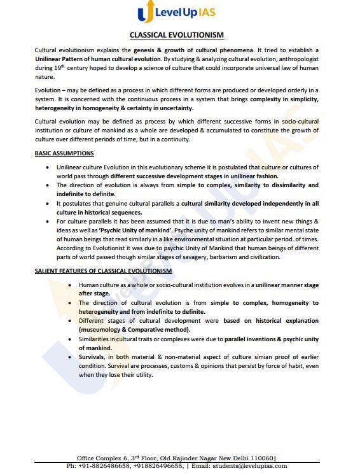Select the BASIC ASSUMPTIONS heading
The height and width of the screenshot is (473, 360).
(64, 153)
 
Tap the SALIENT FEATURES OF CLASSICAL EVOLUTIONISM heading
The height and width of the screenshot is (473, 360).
(103, 271)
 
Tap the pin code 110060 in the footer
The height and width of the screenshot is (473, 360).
(260, 457)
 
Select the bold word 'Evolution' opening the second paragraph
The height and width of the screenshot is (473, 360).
(49, 91)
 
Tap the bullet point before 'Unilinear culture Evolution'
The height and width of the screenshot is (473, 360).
(49, 167)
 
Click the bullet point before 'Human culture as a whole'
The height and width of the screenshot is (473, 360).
(69, 285)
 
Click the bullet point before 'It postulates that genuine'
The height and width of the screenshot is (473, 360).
(49, 203)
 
